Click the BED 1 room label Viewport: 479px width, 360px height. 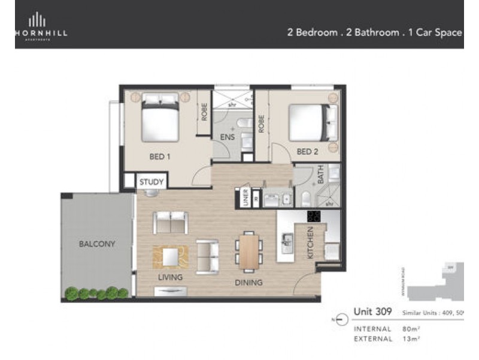point(160,157)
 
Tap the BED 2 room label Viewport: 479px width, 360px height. point(307,152)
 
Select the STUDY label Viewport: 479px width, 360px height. point(151,181)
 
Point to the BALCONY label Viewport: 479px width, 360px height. point(97,244)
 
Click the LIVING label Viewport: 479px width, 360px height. point(170,277)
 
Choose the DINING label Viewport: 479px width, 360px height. point(249,282)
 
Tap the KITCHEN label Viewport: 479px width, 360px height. point(310,243)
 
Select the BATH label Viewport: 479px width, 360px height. point(321,175)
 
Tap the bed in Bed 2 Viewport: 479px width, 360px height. point(310,122)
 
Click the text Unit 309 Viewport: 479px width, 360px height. point(372,311)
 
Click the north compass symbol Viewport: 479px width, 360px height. point(342,320)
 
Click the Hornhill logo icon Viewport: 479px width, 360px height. point(37,20)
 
